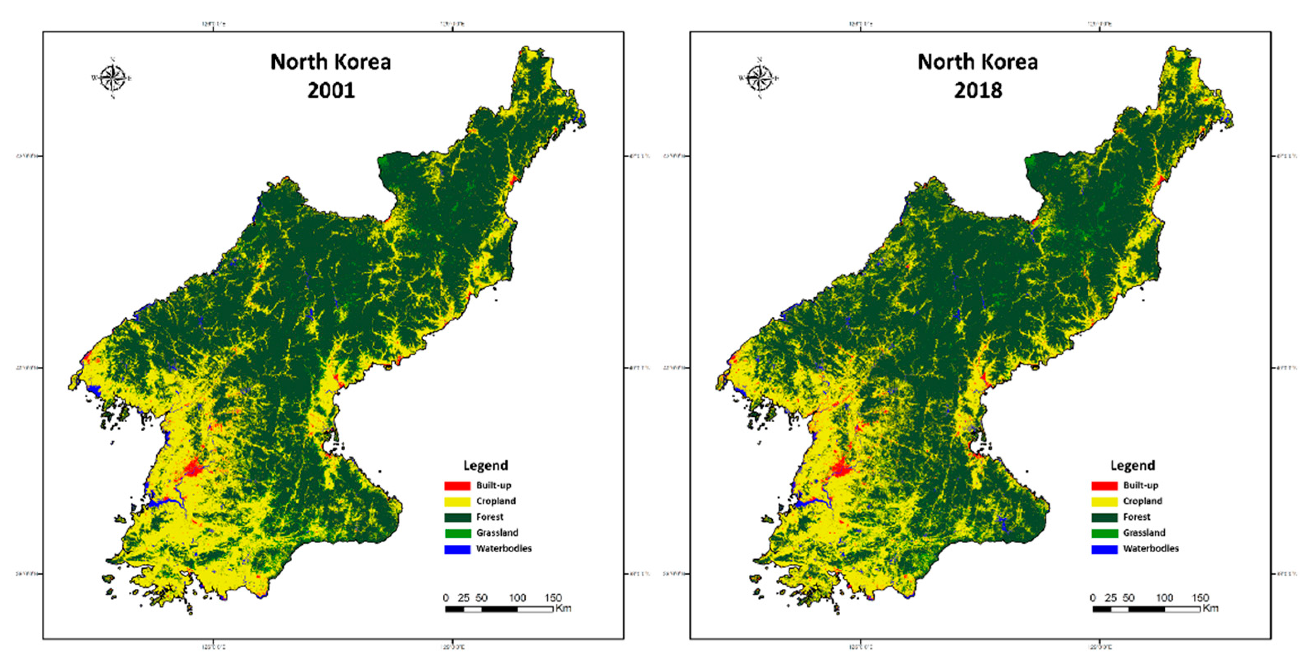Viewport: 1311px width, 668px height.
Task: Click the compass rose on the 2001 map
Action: (x=112, y=78)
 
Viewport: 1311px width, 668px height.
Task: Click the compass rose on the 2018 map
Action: (x=760, y=78)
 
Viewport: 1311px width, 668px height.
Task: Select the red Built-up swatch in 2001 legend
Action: (x=457, y=486)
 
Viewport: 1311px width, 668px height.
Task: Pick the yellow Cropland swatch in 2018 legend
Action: (x=1104, y=501)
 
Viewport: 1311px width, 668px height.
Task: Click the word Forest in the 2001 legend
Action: (x=490, y=517)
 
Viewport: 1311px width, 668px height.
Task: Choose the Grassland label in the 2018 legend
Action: (x=1144, y=532)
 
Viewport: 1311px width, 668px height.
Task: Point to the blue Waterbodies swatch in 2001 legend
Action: (x=457, y=549)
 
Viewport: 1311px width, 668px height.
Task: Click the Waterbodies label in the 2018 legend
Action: (x=1151, y=548)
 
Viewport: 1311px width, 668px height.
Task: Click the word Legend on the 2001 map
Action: (x=486, y=465)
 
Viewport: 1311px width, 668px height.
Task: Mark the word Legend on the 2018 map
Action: (x=1132, y=465)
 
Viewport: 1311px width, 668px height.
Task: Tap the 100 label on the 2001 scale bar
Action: (x=517, y=598)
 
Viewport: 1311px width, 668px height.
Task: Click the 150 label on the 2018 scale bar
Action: (x=1200, y=598)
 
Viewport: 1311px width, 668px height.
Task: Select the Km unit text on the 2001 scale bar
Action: (x=563, y=608)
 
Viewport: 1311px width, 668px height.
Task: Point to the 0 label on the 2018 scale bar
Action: (x=1093, y=598)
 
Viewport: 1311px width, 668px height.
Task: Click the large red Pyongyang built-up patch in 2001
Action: (x=193, y=467)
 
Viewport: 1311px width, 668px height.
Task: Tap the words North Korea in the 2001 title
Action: (x=331, y=62)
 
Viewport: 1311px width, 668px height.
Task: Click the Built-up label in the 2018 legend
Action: (x=1141, y=485)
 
